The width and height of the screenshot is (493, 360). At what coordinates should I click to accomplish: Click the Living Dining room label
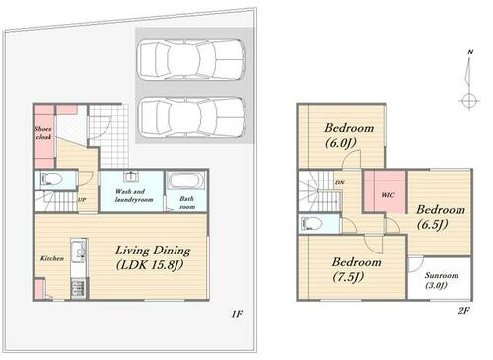tap(153, 257)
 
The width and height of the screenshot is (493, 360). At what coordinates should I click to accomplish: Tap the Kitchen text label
tap(52, 258)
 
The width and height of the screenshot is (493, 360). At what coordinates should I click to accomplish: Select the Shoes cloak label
tap(43, 133)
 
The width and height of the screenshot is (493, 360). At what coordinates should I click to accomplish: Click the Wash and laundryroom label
tap(134, 195)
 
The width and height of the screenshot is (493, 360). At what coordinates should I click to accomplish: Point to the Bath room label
tap(187, 203)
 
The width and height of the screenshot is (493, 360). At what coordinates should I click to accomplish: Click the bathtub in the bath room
tap(185, 180)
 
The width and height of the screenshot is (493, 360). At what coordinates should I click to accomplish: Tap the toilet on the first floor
tap(52, 180)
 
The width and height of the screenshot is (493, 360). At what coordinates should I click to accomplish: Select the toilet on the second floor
tap(312, 224)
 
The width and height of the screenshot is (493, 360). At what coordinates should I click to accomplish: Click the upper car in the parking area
tap(191, 60)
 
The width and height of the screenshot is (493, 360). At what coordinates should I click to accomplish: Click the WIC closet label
tap(387, 195)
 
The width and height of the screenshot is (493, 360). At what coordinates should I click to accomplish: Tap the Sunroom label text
tap(440, 280)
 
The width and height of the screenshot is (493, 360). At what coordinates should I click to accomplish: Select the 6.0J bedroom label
tap(349, 135)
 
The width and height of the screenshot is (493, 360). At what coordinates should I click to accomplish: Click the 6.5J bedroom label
tap(441, 217)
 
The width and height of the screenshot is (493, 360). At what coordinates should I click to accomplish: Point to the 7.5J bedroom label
tap(356, 269)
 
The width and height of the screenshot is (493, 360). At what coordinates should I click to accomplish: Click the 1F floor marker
tap(237, 314)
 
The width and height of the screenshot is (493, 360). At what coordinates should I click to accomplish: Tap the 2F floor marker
tap(463, 310)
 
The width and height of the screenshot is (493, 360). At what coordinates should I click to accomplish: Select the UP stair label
tap(82, 199)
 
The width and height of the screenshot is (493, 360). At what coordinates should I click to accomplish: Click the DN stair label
tap(340, 182)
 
